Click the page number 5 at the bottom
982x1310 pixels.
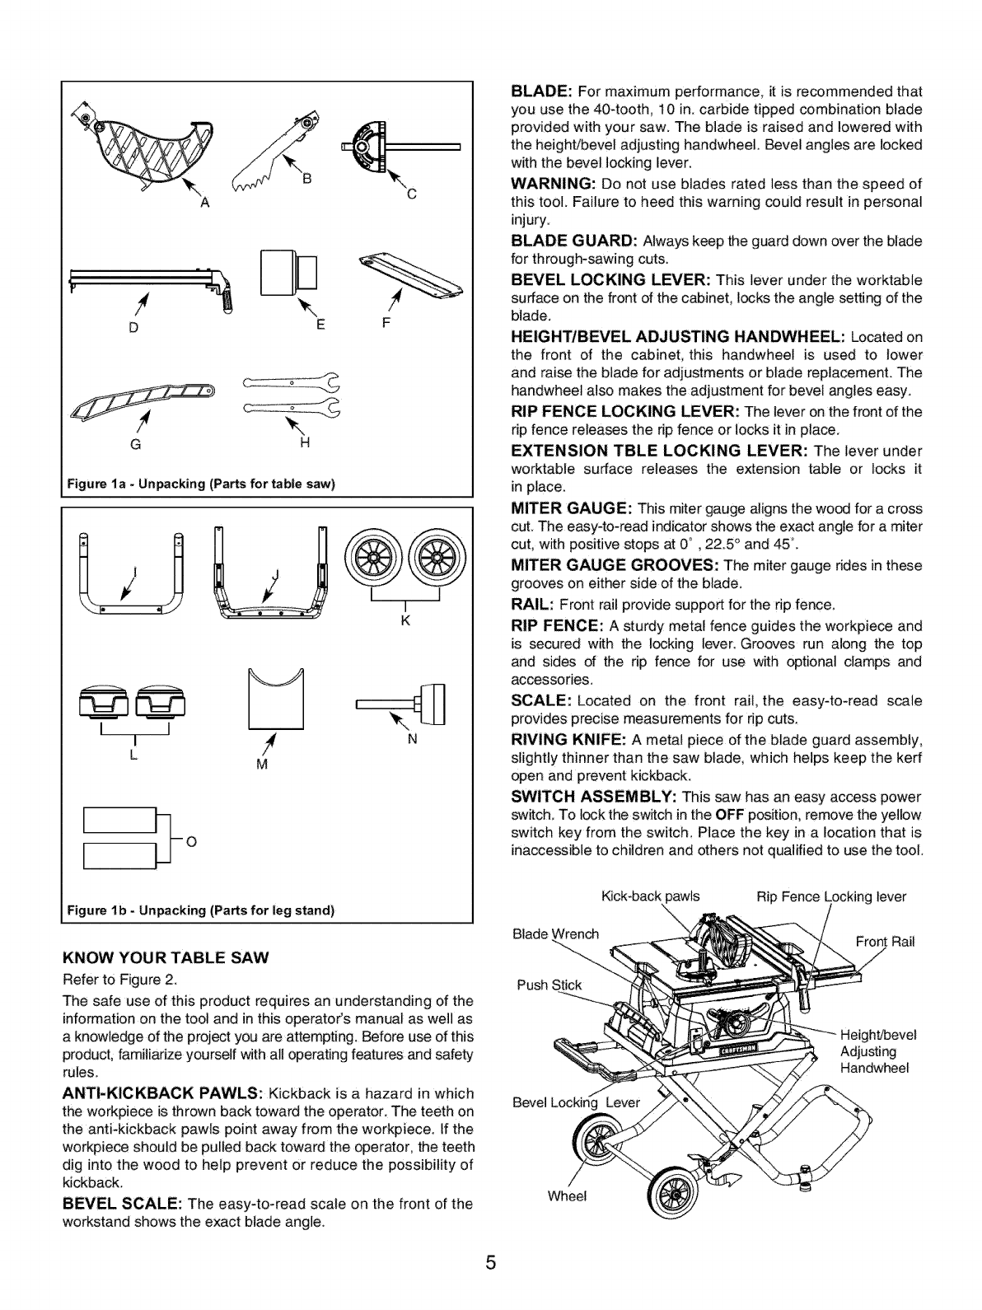[x=490, y=1265]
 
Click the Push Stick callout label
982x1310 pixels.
[x=549, y=985]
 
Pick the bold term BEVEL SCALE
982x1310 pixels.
[x=122, y=1204]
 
